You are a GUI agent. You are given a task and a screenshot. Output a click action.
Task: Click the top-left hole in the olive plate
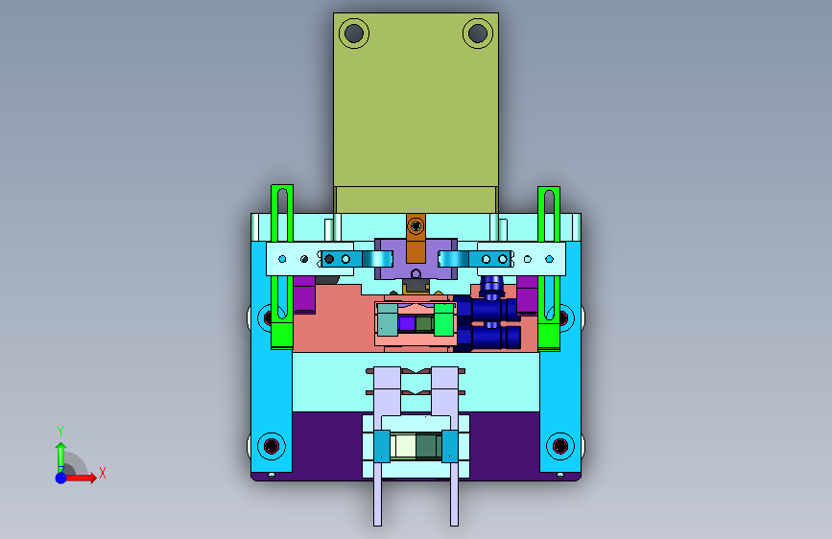[x=354, y=34]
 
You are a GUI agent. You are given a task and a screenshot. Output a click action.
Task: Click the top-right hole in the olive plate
[x=478, y=34]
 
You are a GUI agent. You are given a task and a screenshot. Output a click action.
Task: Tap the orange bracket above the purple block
[x=416, y=238]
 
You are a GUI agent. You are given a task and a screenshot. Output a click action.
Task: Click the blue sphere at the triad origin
[x=61, y=478]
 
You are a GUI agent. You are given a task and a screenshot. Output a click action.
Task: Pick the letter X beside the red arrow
[x=103, y=473]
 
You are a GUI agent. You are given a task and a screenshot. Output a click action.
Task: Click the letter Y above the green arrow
[x=60, y=431]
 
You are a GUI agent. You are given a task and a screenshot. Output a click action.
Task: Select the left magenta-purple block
[x=304, y=293]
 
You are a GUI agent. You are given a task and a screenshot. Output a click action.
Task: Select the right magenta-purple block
[x=527, y=294]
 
